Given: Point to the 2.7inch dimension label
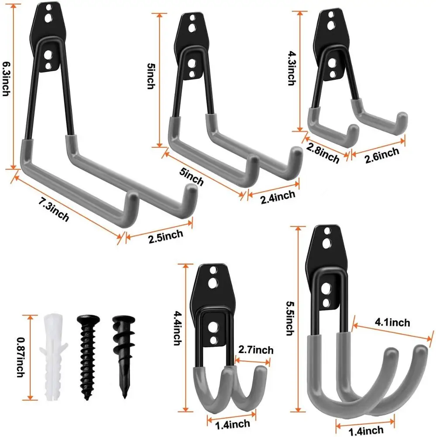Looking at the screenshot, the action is tap(256, 350).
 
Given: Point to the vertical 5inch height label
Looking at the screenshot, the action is tap(150, 76).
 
